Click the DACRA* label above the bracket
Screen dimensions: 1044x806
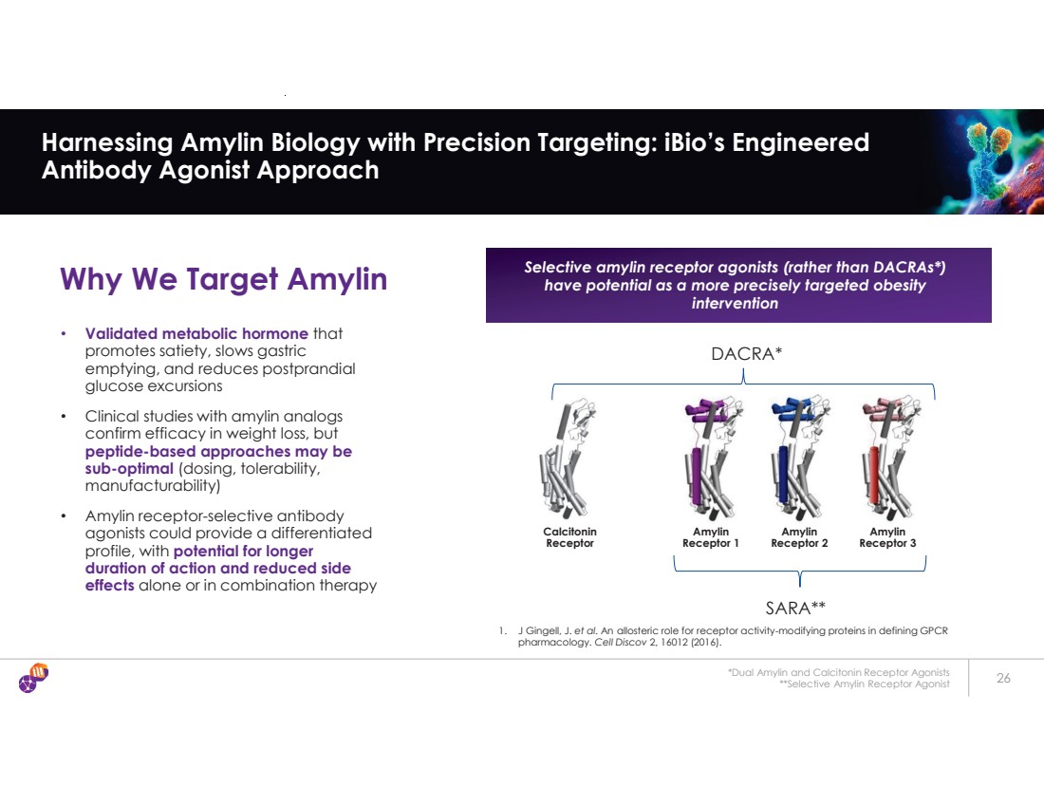click(x=746, y=354)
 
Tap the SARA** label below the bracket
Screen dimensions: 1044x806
click(x=795, y=608)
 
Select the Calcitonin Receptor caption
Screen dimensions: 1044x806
click(x=570, y=537)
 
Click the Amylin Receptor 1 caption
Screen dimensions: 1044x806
click(x=711, y=537)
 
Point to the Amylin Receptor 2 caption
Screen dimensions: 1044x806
click(x=799, y=537)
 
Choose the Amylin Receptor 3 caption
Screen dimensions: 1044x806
click(x=887, y=537)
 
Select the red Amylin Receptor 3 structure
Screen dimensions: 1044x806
click(x=887, y=459)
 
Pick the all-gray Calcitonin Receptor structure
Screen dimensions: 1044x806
click(x=568, y=459)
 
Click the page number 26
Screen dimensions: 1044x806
click(x=1003, y=678)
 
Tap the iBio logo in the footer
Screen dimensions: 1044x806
click(x=33, y=678)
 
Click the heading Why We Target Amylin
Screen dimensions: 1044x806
click(x=223, y=278)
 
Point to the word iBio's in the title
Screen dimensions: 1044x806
click(x=694, y=141)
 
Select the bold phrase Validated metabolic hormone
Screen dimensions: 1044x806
click(x=196, y=333)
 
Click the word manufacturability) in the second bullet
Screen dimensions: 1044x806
click(x=153, y=486)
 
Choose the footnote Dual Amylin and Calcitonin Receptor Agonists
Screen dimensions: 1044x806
click(x=839, y=673)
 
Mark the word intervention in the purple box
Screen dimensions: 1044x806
click(x=735, y=303)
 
